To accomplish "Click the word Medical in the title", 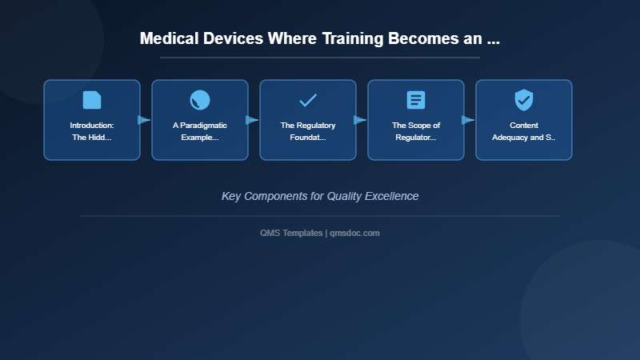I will pos(169,38).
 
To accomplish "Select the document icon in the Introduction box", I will pos(92,100).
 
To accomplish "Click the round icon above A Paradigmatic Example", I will pos(200,100).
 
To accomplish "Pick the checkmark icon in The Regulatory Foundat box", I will pos(308,100).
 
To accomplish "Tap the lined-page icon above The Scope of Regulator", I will pos(416,100).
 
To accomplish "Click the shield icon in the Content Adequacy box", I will pos(524,100).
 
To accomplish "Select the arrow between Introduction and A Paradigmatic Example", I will pos(145,120).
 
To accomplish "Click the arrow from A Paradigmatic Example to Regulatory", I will pos(253,120).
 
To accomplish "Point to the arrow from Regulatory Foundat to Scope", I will pos(361,120).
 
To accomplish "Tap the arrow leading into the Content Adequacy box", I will pos(469,120).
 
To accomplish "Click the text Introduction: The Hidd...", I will pos(92,131).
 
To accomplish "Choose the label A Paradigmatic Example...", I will pos(200,131).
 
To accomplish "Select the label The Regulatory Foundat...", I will pos(308,131).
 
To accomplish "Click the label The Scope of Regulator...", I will pos(416,131).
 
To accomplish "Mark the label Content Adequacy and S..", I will pos(524,131).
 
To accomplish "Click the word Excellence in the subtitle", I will pos(390,196).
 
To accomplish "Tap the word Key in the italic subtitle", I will pos(231,196).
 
